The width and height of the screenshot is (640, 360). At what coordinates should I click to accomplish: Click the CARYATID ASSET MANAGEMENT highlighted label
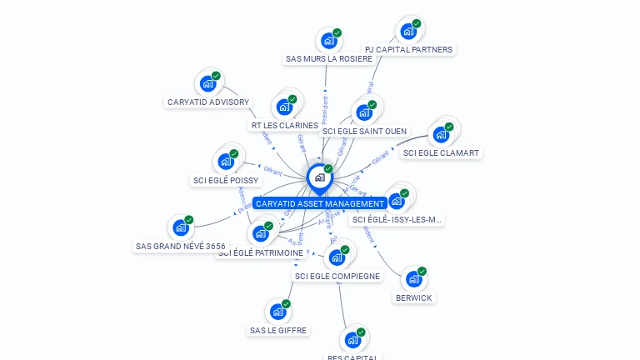point(320,203)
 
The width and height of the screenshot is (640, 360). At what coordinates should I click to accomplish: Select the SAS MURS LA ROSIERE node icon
point(329,41)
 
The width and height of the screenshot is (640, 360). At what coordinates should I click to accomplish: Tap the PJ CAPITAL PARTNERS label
point(408,50)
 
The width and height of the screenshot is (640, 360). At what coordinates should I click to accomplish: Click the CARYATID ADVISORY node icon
point(207,84)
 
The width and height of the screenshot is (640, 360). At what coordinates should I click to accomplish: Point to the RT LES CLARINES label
point(284,126)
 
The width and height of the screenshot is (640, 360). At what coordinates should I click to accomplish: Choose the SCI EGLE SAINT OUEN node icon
point(363,112)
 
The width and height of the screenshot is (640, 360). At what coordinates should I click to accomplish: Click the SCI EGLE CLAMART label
point(442,153)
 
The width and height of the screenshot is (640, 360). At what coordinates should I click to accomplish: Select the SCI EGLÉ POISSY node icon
point(226,162)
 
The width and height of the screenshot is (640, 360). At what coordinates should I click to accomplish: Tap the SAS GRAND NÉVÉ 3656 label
point(181,247)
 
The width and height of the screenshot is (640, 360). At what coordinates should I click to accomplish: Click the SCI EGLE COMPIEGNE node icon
point(337,257)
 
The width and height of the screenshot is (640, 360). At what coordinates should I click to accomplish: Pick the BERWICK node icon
point(414,279)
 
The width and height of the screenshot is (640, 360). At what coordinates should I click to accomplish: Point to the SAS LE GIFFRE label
point(278,330)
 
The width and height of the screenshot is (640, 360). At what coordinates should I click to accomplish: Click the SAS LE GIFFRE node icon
point(277,312)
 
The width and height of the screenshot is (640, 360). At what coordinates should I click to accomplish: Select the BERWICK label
point(415,297)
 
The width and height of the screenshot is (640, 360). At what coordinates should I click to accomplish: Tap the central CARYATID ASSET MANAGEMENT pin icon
point(319,177)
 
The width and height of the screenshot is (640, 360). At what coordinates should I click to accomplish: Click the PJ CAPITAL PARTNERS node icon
point(408,32)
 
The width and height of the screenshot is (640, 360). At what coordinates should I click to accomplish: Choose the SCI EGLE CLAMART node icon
point(441,135)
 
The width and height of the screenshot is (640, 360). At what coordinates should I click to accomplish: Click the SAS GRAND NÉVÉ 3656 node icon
point(181,227)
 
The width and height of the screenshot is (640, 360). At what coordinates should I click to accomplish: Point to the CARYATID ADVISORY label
point(208,102)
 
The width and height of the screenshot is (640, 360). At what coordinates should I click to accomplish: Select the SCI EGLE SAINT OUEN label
point(365,131)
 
